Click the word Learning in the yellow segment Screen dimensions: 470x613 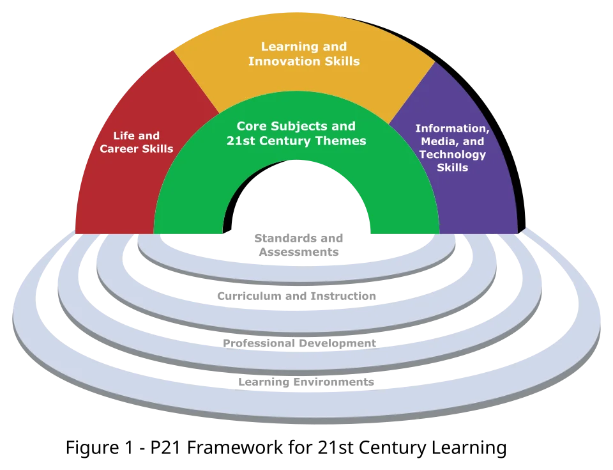(x=286, y=47)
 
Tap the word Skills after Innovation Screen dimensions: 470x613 (x=341, y=62)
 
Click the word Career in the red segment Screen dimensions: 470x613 (x=118, y=149)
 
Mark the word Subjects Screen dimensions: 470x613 (x=301, y=127)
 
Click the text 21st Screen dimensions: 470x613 (x=241, y=141)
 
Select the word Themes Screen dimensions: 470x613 (x=342, y=141)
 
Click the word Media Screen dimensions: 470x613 (x=434, y=141)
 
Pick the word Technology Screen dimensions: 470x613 (x=452, y=155)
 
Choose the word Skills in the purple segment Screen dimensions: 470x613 (x=452, y=168)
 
